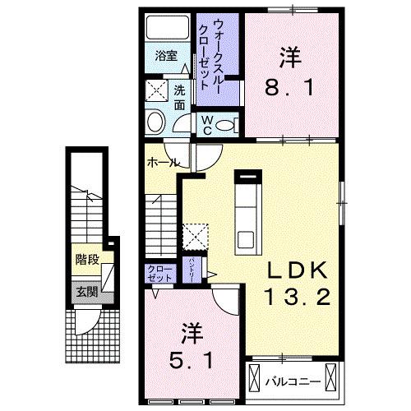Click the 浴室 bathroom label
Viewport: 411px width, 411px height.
coord(165,56)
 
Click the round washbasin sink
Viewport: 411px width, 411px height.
coord(155,123)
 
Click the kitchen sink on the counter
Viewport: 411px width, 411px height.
coord(247,238)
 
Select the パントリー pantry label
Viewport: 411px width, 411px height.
coord(191,269)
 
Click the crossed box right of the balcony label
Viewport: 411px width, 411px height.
coord(331,379)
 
